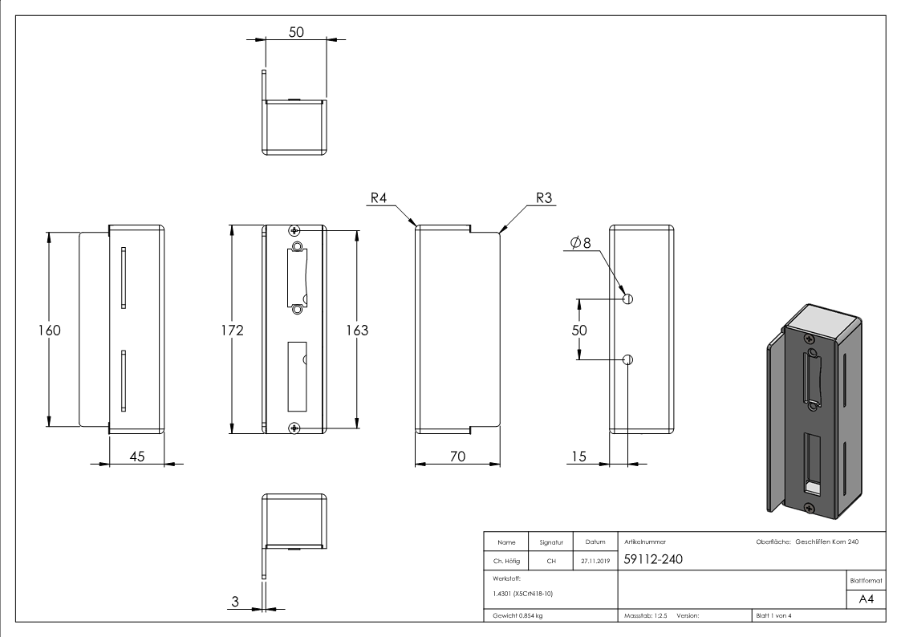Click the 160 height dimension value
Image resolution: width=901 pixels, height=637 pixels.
click(x=50, y=331)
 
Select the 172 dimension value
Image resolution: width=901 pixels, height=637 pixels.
click(x=232, y=331)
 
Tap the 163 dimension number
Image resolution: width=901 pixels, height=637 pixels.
click(x=357, y=331)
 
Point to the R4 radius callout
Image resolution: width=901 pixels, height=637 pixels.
click(x=379, y=198)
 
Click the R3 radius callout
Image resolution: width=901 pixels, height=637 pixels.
click(x=544, y=198)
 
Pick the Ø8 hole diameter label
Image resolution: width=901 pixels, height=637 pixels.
click(x=580, y=243)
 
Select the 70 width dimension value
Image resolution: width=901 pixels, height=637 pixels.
click(x=457, y=456)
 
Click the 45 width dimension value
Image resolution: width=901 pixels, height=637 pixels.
click(x=136, y=456)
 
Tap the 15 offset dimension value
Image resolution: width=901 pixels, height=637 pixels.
click(x=578, y=456)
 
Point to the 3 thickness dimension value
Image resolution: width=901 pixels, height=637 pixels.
click(x=235, y=602)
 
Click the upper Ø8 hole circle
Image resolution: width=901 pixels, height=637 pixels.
click(x=628, y=298)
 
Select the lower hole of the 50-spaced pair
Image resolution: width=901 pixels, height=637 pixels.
click(x=628, y=360)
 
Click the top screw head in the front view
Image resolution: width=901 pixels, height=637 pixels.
click(x=294, y=231)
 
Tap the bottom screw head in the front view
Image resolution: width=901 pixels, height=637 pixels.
click(x=294, y=428)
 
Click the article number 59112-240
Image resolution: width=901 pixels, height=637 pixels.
click(x=653, y=559)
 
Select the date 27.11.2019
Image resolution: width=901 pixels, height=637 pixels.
click(x=595, y=561)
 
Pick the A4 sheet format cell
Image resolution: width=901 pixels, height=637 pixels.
click(x=866, y=599)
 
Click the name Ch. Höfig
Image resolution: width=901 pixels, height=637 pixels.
click(x=506, y=561)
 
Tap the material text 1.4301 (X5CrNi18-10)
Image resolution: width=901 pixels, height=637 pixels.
click(x=522, y=594)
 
